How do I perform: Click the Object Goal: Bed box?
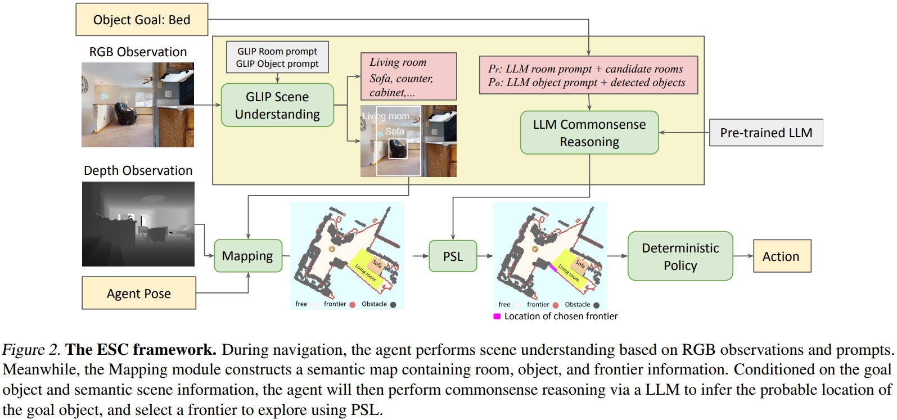click(142, 20)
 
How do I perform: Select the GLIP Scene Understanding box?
click(277, 105)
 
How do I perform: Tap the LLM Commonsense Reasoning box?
click(589, 133)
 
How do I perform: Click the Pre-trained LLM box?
click(766, 133)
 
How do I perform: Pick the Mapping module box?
click(247, 256)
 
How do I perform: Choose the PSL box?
click(453, 256)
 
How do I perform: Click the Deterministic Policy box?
click(680, 256)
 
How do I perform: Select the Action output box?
click(781, 256)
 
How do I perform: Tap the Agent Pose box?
click(139, 293)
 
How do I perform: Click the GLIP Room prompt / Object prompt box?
click(277, 57)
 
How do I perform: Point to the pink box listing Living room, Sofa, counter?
click(408, 77)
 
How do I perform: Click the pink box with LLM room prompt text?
click(588, 75)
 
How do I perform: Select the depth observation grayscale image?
click(138, 224)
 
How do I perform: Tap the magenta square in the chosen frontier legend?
click(497, 317)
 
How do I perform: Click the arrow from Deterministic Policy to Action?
click(743, 256)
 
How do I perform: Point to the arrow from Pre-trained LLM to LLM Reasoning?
click(684, 133)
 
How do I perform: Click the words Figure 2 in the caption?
click(31, 350)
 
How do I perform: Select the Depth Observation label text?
click(138, 170)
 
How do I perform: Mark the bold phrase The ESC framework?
click(141, 350)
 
